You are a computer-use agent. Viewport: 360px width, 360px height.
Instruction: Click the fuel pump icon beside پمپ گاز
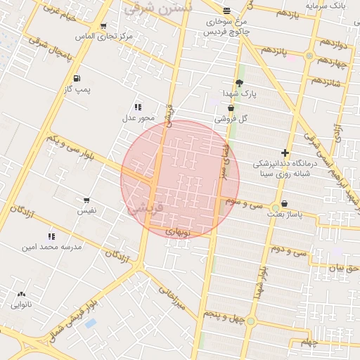pos(76,78)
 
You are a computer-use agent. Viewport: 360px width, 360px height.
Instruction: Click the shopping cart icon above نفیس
pos(86,200)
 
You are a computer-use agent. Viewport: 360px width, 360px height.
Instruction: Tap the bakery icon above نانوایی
pos(21,295)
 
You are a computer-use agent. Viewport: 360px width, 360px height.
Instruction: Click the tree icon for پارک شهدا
pos(240,83)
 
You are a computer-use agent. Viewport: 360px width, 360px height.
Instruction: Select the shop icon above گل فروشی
pos(231,108)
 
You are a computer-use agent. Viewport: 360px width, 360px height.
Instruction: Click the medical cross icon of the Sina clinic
pos(285,153)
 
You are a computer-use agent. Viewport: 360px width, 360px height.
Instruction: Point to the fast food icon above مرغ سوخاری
pos(226,11)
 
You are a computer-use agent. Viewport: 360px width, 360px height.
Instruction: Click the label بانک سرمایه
pos(327,6)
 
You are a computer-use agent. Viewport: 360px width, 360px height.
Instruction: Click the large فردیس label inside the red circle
pos(147,208)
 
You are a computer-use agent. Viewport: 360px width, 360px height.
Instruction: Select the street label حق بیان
pos(345,268)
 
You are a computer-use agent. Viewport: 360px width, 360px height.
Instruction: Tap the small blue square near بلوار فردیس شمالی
pos(89,323)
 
